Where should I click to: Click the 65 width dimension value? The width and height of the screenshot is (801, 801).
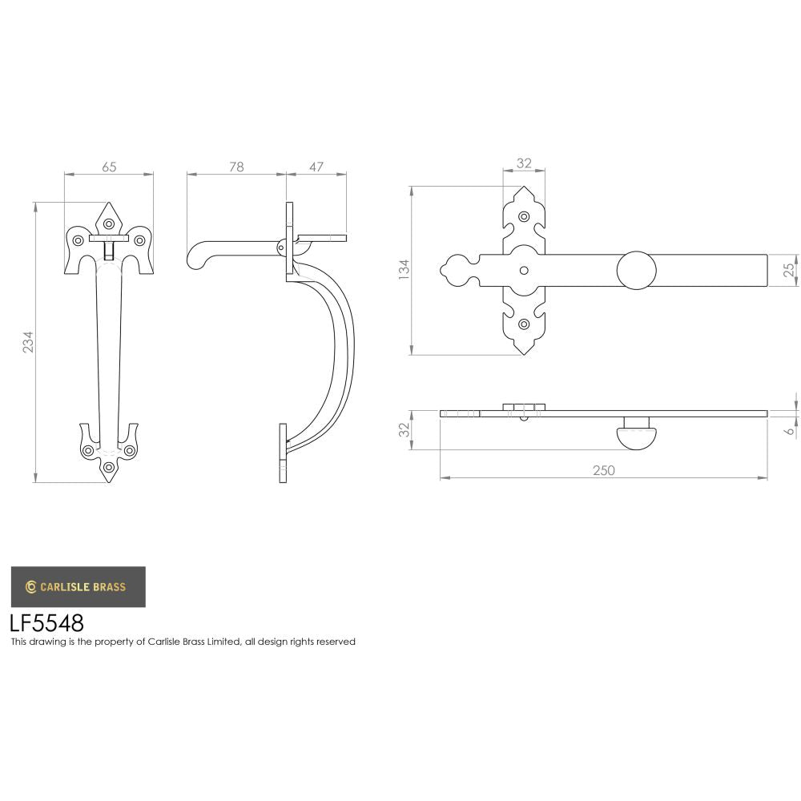109,167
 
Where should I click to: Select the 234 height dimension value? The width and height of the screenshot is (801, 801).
28,343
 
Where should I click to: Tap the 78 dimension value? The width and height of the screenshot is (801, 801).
235,167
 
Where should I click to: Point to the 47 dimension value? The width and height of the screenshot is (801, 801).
316,167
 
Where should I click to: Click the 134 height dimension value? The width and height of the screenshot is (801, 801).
404,269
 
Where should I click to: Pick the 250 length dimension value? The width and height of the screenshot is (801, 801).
603,470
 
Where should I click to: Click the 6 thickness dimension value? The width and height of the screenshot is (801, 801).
790,429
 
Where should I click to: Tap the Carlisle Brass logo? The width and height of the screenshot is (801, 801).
78,586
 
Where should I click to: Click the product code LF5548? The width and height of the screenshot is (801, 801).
46,623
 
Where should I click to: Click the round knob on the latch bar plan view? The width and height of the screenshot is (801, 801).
636,270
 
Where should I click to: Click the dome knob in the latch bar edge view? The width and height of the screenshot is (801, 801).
636,437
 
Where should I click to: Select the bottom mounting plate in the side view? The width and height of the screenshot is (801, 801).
283,453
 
